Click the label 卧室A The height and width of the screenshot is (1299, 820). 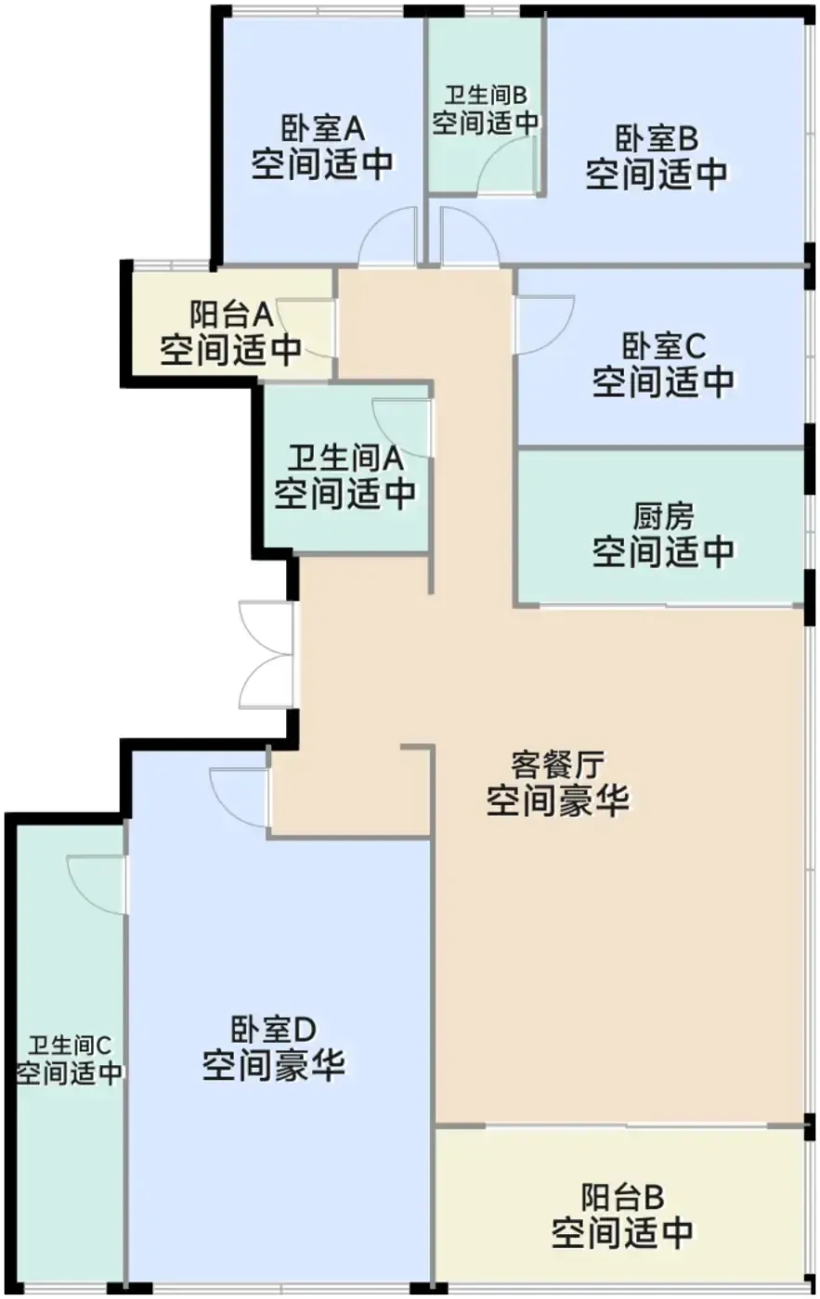(x=322, y=129)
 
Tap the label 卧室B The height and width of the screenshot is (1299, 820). (x=657, y=138)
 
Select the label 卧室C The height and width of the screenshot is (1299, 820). (x=663, y=346)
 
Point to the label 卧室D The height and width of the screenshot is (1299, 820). (x=273, y=1030)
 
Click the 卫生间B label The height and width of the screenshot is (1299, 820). (x=485, y=96)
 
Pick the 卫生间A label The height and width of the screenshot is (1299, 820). (x=345, y=458)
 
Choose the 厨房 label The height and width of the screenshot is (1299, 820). (x=663, y=516)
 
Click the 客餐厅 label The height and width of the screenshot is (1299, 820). (x=557, y=765)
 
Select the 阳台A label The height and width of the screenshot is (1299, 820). (x=231, y=315)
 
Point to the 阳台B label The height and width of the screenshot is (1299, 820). (x=622, y=1198)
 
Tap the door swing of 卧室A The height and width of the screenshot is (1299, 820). (x=387, y=237)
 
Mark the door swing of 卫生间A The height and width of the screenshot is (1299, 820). (x=401, y=428)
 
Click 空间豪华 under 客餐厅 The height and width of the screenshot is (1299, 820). (x=557, y=800)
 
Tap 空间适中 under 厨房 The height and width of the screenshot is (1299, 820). (x=663, y=551)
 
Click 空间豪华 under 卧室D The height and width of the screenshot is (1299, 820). (x=273, y=1065)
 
